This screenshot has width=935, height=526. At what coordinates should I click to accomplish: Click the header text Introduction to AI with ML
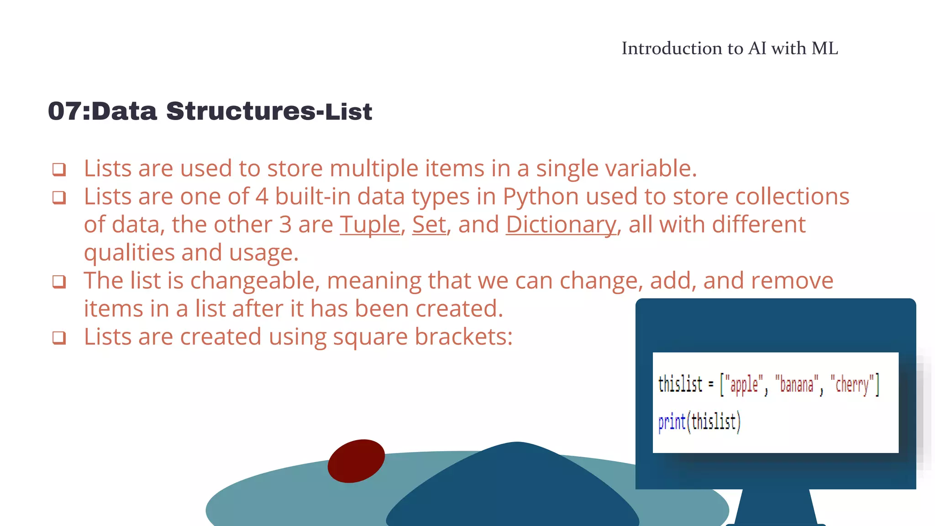click(x=730, y=48)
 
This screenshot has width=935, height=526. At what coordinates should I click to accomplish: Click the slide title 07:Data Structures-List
click(x=210, y=111)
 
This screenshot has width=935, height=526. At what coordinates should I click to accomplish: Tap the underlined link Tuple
click(x=370, y=225)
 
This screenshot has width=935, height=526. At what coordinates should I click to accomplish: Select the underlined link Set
click(x=429, y=225)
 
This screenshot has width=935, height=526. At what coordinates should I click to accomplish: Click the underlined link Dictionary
click(x=561, y=225)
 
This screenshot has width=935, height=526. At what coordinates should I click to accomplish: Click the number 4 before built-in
click(x=262, y=197)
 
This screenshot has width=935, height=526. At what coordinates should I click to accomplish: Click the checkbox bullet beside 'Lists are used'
click(x=59, y=169)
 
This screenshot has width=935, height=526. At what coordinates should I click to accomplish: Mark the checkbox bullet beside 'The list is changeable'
click(x=59, y=282)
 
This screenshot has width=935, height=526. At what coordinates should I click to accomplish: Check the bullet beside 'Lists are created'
click(x=59, y=338)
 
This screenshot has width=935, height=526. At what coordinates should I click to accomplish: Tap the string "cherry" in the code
click(x=852, y=384)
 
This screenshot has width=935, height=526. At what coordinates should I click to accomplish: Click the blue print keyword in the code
click(x=672, y=422)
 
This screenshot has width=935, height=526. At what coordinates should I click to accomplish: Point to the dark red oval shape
click(x=356, y=461)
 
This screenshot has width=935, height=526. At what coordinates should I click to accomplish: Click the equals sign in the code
click(x=711, y=384)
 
